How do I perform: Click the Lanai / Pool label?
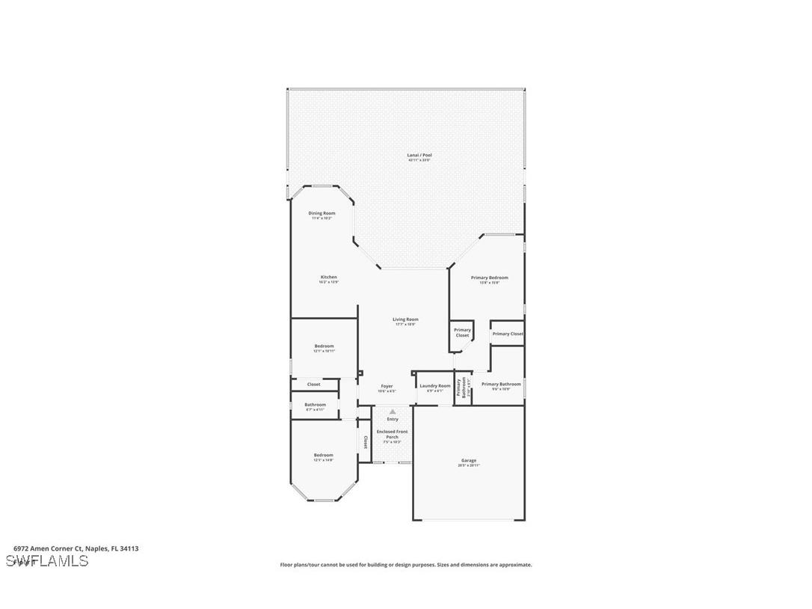tap(419, 156)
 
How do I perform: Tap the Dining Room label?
tap(322, 213)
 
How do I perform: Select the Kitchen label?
tap(328, 278)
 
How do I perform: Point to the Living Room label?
tap(405, 319)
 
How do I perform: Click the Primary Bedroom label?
tap(489, 278)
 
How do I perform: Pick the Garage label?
tap(468, 461)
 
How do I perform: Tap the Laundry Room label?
tap(434, 386)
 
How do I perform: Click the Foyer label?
tap(387, 387)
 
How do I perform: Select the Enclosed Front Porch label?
tap(392, 435)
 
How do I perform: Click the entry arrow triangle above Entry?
tap(393, 411)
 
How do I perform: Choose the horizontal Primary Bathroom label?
tap(501, 385)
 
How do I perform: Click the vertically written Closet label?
tap(365, 442)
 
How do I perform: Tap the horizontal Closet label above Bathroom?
tap(313, 385)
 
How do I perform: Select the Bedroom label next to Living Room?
tap(324, 346)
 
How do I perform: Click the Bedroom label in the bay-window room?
tap(323, 455)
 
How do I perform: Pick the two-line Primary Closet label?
tap(462, 333)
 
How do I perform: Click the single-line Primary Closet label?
tap(507, 334)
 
